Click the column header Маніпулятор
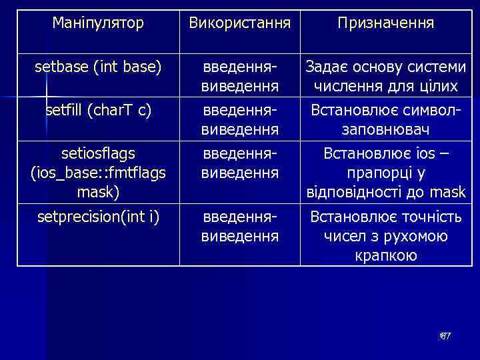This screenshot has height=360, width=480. [x=98, y=23]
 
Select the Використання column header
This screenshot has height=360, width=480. [x=239, y=23]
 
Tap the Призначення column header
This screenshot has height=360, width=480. [x=385, y=23]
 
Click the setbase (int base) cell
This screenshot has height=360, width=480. [x=98, y=67]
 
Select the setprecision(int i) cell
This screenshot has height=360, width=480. [x=98, y=216]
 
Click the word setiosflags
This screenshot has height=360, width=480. [x=98, y=154]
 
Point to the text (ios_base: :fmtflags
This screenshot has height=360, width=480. [x=98, y=173]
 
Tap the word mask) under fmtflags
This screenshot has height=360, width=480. [x=98, y=193]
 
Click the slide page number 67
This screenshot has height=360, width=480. [x=445, y=335]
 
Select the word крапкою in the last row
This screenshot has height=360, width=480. [x=385, y=255]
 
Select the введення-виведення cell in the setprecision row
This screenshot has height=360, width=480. [x=239, y=226]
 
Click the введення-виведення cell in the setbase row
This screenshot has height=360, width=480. [x=239, y=77]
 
